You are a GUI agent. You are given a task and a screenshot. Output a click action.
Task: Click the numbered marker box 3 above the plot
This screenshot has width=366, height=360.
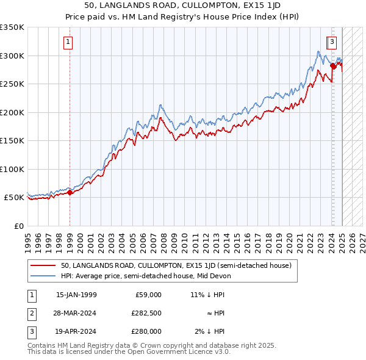pyautogui.click(x=332, y=42)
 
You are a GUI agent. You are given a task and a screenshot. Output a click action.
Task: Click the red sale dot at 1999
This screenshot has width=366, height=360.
pyautogui.click(x=70, y=193)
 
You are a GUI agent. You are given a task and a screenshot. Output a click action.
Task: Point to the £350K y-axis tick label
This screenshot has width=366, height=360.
pyautogui.click(x=12, y=27)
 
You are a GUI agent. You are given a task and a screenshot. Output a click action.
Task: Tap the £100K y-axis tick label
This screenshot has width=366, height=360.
pyautogui.click(x=12, y=169)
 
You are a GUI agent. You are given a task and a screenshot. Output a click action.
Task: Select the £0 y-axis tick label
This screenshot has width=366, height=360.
pyautogui.click(x=19, y=226)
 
